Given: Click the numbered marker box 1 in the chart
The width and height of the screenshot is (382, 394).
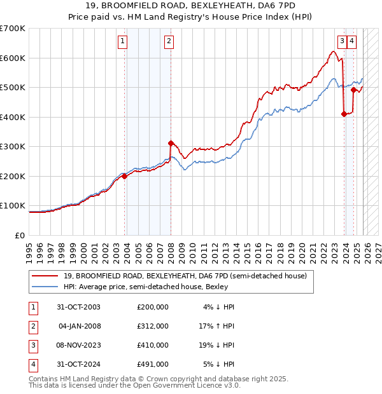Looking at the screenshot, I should tap(122, 43).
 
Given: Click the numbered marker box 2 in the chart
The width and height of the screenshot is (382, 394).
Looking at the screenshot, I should tap(169, 43).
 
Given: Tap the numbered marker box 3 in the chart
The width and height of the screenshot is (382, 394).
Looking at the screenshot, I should tap(342, 43).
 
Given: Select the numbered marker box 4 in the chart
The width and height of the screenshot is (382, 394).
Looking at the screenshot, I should tap(352, 43).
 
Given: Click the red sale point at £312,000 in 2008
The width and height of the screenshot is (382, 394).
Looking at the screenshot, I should tap(171, 143).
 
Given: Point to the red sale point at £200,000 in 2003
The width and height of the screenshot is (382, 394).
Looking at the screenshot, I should tap(125, 176).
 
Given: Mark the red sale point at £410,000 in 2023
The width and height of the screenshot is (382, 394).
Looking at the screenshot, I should tap(344, 114).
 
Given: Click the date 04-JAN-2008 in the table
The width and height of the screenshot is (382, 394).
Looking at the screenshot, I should tap(79, 326).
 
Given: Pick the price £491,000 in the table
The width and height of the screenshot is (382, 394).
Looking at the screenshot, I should tap(152, 365).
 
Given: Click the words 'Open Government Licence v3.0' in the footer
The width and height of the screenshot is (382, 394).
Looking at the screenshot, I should tap(188, 385).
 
